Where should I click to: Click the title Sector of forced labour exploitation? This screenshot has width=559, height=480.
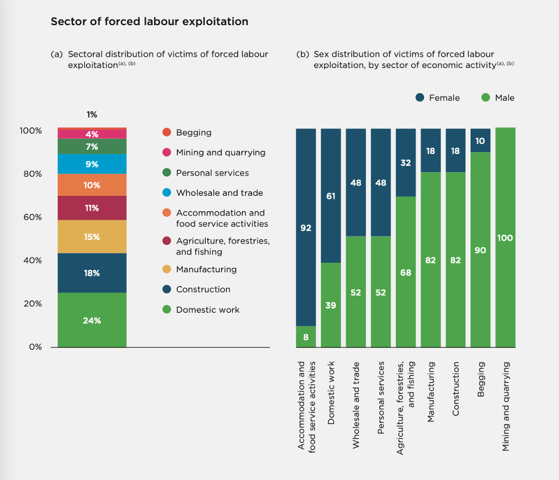[x=149, y=21]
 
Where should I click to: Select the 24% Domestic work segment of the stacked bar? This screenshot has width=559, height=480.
[x=92, y=320]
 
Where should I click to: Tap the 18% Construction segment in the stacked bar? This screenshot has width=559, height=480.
[x=92, y=273]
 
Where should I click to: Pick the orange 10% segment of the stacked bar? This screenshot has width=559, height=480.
[x=92, y=185]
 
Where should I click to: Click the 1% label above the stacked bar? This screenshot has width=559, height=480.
[x=91, y=115]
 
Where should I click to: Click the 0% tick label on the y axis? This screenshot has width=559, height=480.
[x=35, y=347]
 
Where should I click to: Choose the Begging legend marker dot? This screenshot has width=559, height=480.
[x=167, y=133]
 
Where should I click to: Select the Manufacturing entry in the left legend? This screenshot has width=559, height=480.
[x=206, y=269]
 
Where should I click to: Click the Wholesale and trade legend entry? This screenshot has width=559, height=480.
[x=219, y=193]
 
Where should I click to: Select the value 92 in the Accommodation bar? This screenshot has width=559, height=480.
[x=306, y=227]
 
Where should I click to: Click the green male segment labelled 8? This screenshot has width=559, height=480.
[x=306, y=337]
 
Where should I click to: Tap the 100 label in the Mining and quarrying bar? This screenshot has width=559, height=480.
[x=505, y=238]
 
